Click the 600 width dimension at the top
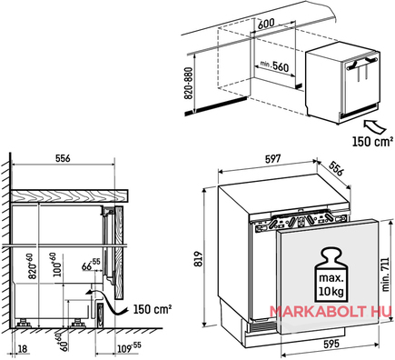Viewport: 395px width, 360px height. tap(266, 23)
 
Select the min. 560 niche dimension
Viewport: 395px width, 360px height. tap(274, 66)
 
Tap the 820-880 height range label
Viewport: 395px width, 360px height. tap(188, 83)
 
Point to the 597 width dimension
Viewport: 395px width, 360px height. tap(272, 159)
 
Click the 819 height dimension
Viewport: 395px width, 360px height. tap(198, 258)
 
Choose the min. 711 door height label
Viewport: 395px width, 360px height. tap(385, 275)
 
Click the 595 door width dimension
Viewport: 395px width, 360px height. tap(331, 344)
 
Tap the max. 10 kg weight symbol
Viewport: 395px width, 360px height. tap(331, 275)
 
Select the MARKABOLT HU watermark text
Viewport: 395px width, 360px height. tap(331, 312)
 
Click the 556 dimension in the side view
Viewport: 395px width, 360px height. tap(63, 158)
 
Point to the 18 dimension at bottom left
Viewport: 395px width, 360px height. tap(23, 348)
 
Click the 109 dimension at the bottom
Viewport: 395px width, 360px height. tap(129, 348)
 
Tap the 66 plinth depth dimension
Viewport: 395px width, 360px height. tap(91, 265)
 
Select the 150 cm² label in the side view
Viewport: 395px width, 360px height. tap(153, 309)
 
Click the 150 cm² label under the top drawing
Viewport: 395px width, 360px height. tap(371, 141)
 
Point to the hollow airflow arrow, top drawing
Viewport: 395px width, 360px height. tap(375, 126)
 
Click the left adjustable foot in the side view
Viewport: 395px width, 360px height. tap(23, 323)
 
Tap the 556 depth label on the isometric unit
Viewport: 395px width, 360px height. tap(336, 168)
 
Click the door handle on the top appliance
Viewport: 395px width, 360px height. tap(362, 63)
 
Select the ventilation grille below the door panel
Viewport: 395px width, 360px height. tap(263, 326)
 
